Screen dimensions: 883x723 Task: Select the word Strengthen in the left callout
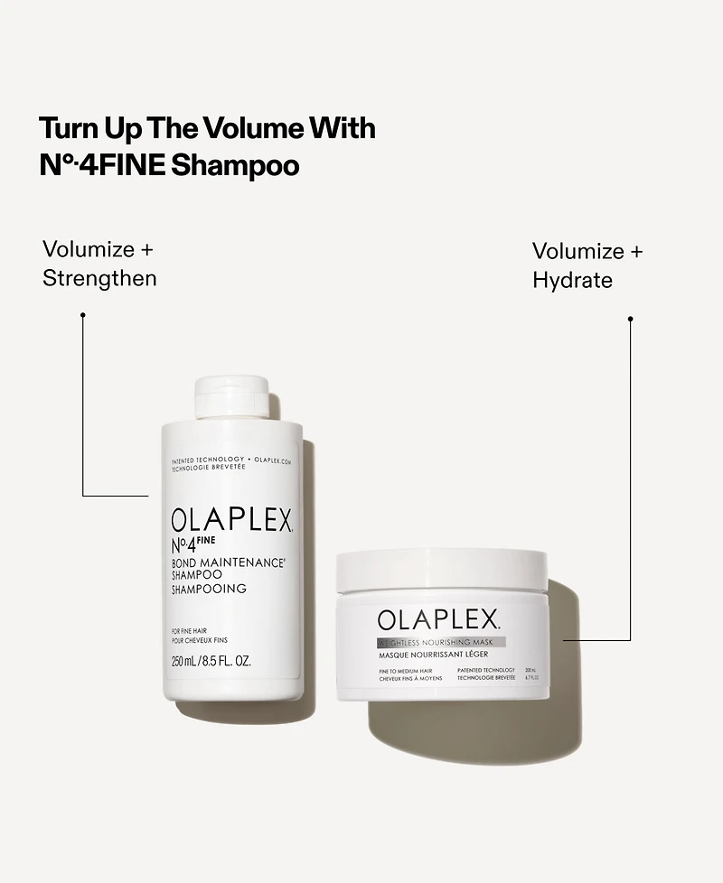point(99,278)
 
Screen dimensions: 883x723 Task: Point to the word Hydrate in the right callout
point(572,281)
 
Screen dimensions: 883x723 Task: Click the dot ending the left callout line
point(82,315)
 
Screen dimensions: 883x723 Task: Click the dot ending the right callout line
point(630,319)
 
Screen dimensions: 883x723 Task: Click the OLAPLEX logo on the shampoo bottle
point(231,521)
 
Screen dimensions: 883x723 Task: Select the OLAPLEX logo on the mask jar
point(438,619)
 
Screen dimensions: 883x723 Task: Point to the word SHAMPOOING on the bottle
point(209,590)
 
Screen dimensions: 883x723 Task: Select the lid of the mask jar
point(441,569)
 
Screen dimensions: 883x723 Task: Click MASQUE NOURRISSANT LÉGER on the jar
point(434,654)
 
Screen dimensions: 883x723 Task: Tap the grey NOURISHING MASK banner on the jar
point(441,642)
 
